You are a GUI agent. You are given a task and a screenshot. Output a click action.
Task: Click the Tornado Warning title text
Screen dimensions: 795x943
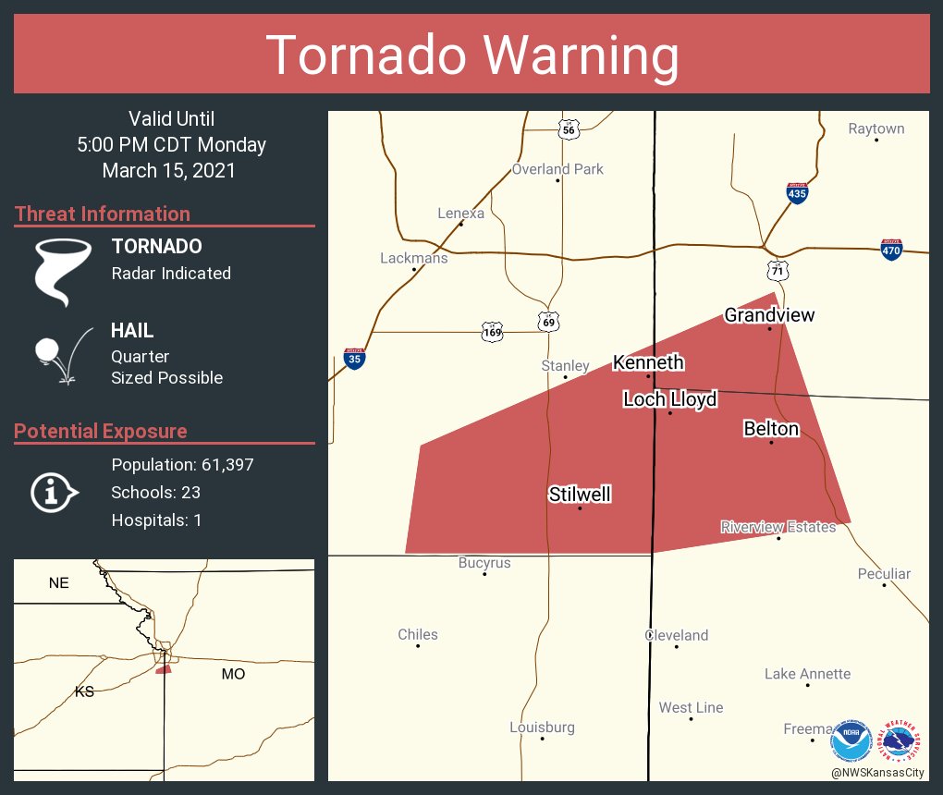471,55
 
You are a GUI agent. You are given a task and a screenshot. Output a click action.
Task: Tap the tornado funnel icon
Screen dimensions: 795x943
63,270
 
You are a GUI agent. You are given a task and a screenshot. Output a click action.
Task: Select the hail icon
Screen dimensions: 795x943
61,354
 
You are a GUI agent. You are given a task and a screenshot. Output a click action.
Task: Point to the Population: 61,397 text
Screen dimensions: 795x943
182,464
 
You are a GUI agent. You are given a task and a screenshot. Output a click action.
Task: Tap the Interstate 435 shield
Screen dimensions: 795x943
797,193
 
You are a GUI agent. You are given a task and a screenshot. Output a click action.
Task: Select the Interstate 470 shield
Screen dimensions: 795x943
891,249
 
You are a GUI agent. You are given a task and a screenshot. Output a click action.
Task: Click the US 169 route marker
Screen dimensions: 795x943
492,331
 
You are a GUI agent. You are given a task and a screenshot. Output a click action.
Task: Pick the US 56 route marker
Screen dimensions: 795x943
569,130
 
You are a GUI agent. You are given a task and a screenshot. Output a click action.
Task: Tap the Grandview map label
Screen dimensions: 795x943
769,315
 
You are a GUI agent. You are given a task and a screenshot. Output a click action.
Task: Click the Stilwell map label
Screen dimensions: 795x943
580,495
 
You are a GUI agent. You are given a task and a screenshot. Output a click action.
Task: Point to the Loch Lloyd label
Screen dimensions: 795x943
669,399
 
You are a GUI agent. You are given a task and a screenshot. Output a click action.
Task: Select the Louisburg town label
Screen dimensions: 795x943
542,728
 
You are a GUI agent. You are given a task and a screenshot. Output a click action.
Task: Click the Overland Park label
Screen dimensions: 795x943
557,169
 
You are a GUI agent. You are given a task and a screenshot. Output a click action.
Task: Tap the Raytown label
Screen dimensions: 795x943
876,128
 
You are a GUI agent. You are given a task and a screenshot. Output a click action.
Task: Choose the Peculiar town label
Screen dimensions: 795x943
884,573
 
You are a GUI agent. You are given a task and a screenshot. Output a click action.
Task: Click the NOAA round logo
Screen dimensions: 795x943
851,741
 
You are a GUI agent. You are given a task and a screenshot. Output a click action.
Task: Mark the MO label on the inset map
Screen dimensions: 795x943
233,674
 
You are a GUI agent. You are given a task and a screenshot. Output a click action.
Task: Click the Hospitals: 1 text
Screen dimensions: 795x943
156,520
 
